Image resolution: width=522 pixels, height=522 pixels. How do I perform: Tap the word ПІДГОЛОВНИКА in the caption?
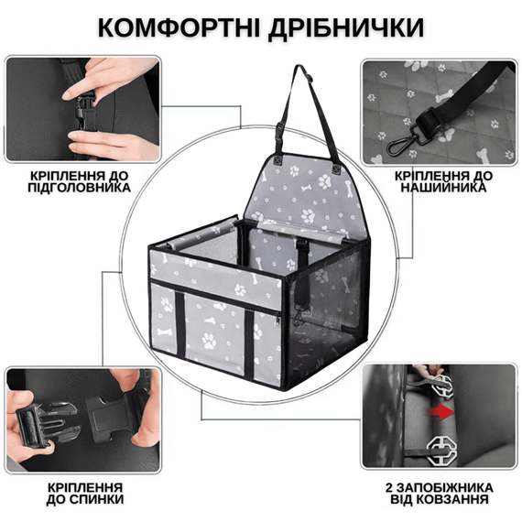coord(78,188)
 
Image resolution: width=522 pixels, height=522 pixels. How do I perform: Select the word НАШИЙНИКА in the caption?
coord(443,188)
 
